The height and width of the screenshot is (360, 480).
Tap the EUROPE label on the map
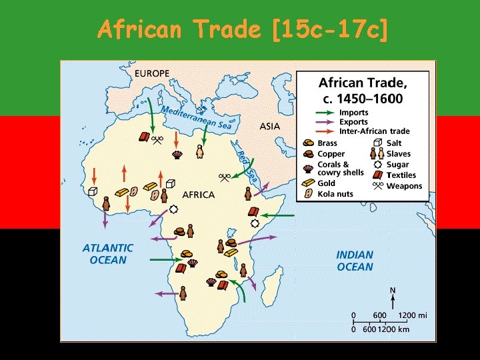(x=152, y=73)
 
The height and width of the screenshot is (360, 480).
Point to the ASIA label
(x=270, y=126)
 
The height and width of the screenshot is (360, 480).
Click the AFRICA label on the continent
(x=199, y=195)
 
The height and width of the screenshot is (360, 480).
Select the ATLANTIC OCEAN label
(x=107, y=253)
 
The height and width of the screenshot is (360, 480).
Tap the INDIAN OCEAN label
(x=355, y=261)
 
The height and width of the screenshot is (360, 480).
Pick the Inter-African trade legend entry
(x=376, y=131)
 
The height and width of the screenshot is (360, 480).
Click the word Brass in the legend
(x=327, y=143)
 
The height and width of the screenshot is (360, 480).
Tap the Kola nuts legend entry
(x=335, y=194)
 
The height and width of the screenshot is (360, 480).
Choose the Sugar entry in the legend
(x=398, y=165)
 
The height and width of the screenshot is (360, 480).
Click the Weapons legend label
(x=404, y=186)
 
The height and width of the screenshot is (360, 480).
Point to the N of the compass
(x=393, y=290)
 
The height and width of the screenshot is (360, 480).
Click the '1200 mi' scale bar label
(x=413, y=315)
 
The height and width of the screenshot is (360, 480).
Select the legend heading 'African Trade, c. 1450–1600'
(x=363, y=91)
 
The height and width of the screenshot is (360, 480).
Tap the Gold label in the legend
(x=327, y=183)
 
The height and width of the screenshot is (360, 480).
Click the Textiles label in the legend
(x=401, y=175)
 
